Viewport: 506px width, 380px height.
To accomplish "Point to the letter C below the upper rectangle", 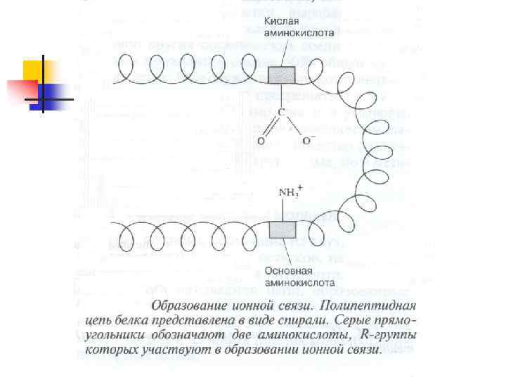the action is coord(281,112).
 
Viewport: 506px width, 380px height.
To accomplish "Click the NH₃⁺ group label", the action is coord(290,191).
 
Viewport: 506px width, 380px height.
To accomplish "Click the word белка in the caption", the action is coord(123,322).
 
